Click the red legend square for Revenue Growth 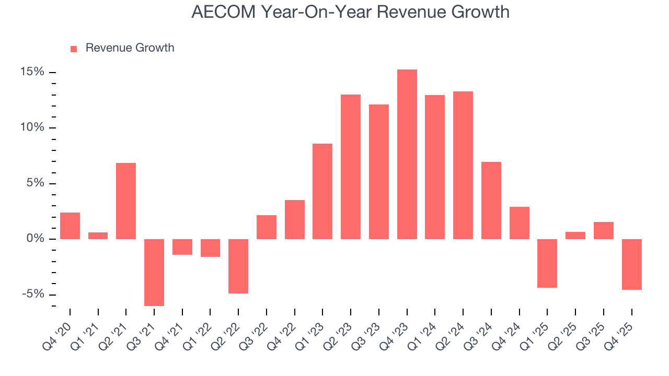[x=74, y=49]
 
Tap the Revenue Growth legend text [x=130, y=48]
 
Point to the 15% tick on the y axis [x=32, y=72]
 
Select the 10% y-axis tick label [x=32, y=128]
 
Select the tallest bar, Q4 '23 [x=407, y=154]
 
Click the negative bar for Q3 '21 [x=154, y=272]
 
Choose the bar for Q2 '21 [x=126, y=201]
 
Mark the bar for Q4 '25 [x=632, y=264]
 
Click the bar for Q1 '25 [x=547, y=263]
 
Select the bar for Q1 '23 [x=322, y=191]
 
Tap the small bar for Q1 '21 [x=98, y=236]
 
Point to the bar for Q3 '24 [x=491, y=201]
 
